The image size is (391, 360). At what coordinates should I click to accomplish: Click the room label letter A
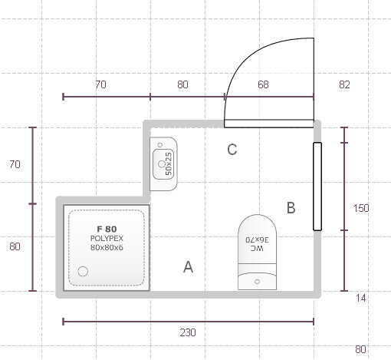click(188, 267)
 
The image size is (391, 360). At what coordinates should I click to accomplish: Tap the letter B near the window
click(291, 208)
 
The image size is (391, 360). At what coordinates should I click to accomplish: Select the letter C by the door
click(232, 150)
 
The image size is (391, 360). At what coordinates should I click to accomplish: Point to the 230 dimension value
click(188, 332)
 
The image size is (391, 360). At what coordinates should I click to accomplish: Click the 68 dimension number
click(263, 84)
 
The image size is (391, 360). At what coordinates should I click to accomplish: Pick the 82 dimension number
click(344, 84)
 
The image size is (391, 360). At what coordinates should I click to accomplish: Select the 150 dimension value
click(361, 208)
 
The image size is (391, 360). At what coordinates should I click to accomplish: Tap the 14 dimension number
click(360, 298)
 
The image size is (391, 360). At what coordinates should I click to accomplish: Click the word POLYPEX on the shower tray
click(107, 239)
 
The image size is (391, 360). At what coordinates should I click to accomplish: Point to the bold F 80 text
click(107, 229)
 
